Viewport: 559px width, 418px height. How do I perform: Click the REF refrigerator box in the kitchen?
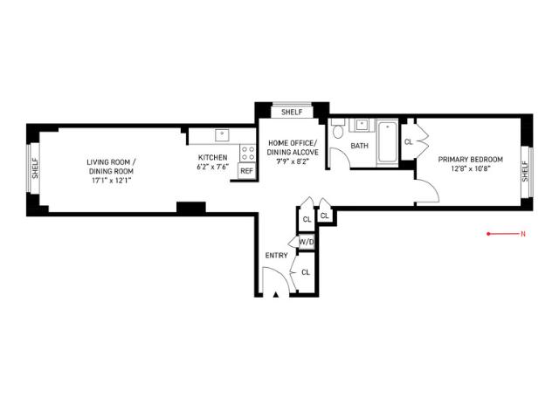click(x=246, y=171)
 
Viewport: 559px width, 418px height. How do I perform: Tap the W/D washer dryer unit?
click(x=307, y=242)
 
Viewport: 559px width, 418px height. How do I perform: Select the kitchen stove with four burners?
click(x=248, y=153)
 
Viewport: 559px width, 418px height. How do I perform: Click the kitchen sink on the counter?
click(x=222, y=135)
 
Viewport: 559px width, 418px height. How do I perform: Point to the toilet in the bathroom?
click(x=338, y=129)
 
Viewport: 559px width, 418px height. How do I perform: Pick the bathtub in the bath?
click(x=387, y=142)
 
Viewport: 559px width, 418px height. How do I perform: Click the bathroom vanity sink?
click(x=362, y=125)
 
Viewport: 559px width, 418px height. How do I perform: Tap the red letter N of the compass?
click(x=523, y=234)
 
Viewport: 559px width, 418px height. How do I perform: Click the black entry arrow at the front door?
click(x=276, y=294)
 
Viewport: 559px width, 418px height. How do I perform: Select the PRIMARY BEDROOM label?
click(x=470, y=160)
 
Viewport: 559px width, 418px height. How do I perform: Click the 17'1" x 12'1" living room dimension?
click(x=112, y=181)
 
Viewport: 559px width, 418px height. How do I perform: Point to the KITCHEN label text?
click(x=212, y=157)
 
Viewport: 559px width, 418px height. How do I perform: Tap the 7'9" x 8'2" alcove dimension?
click(x=293, y=161)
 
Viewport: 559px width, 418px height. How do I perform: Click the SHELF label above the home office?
click(x=292, y=113)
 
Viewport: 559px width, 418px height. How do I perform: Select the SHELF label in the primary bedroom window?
click(x=525, y=172)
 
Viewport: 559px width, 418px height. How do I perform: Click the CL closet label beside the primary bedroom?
click(x=408, y=141)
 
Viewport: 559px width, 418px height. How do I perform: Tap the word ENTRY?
click(x=276, y=256)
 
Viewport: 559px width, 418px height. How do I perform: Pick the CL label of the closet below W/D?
click(x=306, y=272)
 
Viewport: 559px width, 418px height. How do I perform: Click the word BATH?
click(x=359, y=146)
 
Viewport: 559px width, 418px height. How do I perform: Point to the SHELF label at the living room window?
click(x=35, y=168)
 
